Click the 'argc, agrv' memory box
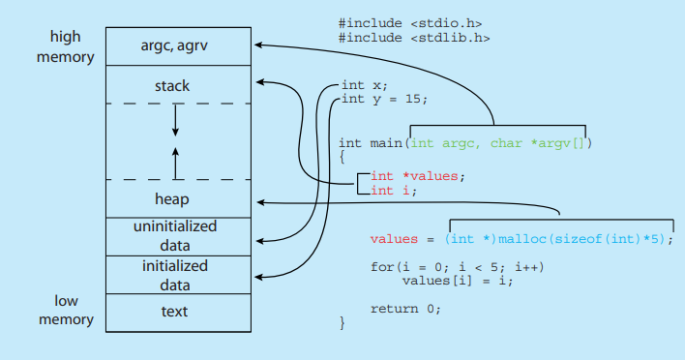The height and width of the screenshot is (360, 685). [x=174, y=45]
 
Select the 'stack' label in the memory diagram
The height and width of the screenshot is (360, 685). [x=174, y=86]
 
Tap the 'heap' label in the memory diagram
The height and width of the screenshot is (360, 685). [x=174, y=198]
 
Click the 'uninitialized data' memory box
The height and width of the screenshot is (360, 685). [x=174, y=236]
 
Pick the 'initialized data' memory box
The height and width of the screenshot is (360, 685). [x=174, y=274]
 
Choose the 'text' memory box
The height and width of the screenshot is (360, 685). [x=174, y=312]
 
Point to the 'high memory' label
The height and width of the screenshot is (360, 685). [x=66, y=46]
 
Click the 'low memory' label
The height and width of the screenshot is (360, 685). [x=66, y=310]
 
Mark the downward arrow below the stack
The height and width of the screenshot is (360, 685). [x=175, y=119]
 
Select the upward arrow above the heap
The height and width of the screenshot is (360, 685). [x=175, y=163]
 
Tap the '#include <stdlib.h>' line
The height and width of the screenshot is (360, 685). [x=413, y=38]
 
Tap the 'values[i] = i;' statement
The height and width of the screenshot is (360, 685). [x=457, y=281]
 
